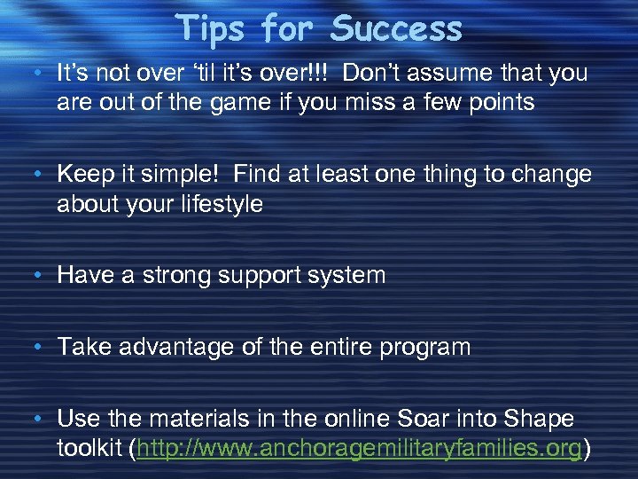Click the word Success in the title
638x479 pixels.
tap(397, 28)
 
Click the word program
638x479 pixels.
tap(422, 346)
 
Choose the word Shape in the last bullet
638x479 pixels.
tap(542, 419)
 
